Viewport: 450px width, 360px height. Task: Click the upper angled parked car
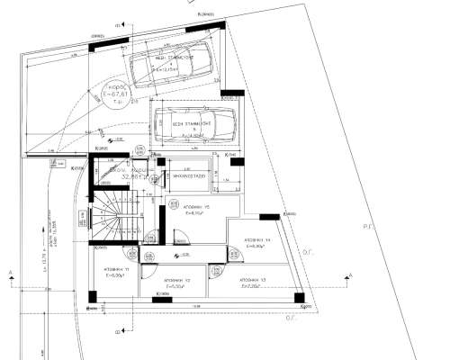click(174, 64)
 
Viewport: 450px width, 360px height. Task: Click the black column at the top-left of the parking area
click(101, 43)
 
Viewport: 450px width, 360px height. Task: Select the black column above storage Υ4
click(267, 216)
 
